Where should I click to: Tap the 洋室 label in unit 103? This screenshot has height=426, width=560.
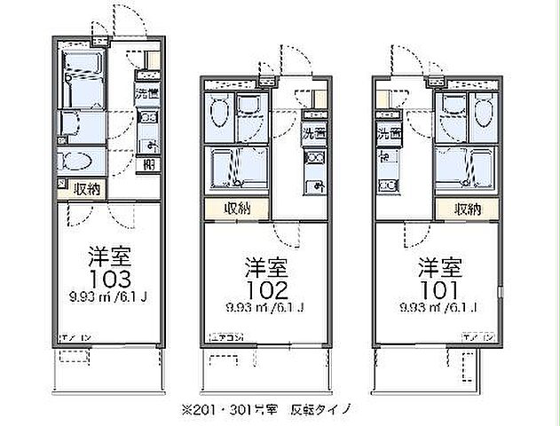(109, 258)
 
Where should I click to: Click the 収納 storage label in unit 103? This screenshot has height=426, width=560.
(87, 189)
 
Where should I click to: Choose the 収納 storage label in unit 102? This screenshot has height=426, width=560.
(238, 209)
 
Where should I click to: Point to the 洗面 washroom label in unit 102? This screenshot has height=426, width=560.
(314, 135)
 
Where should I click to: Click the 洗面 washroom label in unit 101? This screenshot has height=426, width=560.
(388, 135)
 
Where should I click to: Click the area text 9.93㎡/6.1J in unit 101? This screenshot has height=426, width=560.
(439, 308)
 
